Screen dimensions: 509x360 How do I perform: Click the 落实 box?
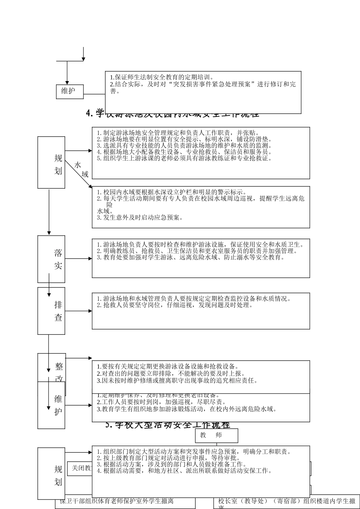(51, 259)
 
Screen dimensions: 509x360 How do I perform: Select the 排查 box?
(51, 311)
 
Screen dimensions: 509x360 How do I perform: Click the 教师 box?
(216, 435)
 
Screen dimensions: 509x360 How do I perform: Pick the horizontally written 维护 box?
(70, 91)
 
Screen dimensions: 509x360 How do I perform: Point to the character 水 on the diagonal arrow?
(78, 165)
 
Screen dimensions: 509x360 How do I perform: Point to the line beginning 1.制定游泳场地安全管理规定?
(178, 133)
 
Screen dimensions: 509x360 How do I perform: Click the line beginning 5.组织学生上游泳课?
(184, 158)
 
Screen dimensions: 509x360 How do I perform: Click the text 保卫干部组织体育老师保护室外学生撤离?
(117, 501)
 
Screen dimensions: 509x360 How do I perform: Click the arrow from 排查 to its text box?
(78, 311)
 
